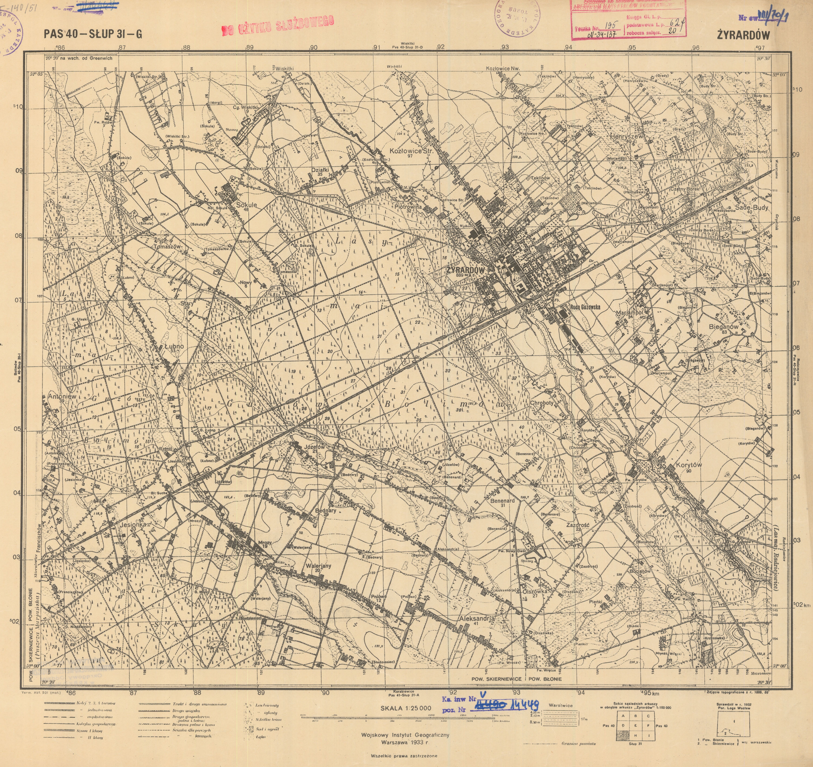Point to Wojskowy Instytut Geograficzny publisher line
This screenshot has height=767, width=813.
405,735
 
